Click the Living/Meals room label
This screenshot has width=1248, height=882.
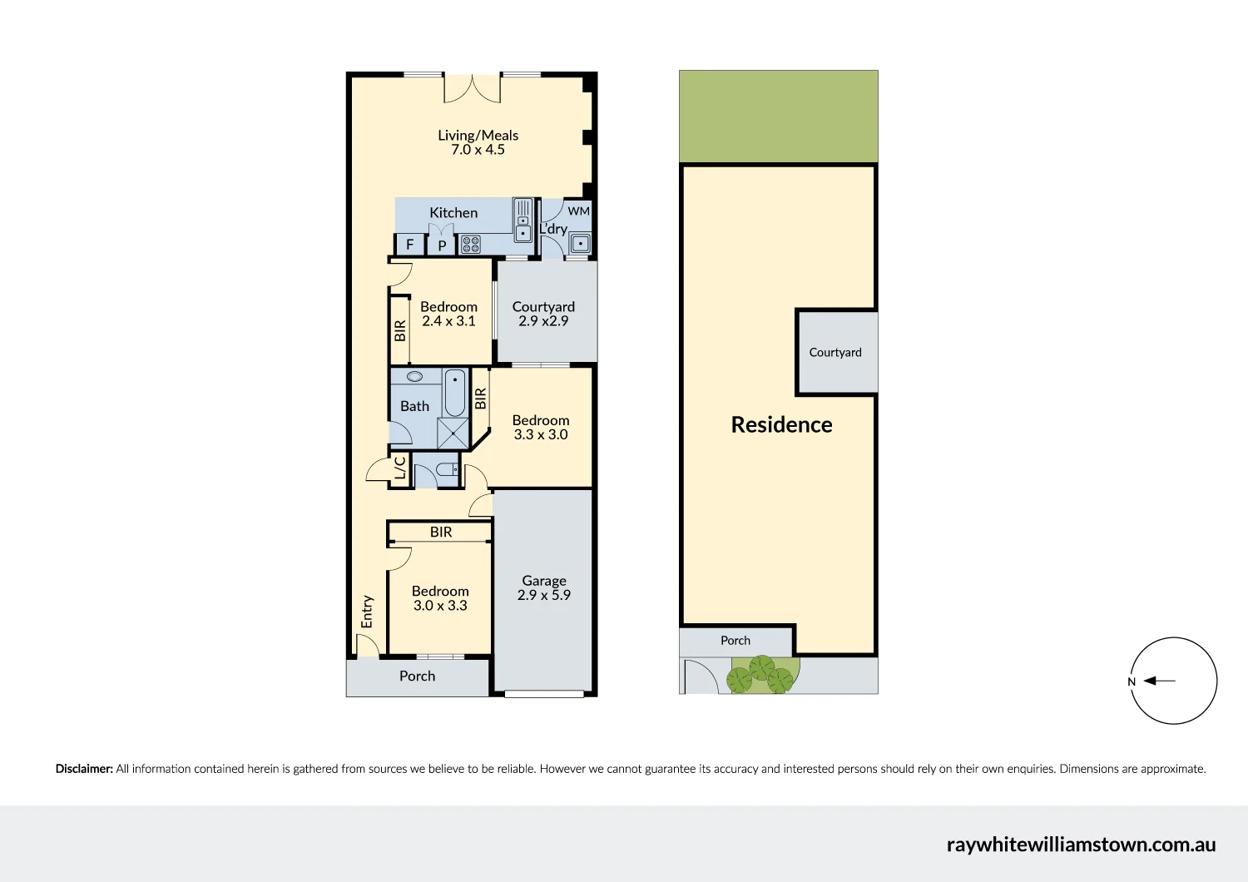[478, 135]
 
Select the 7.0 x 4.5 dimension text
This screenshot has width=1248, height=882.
[478, 150]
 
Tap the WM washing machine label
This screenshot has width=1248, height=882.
[578, 211]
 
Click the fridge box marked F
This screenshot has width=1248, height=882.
[409, 245]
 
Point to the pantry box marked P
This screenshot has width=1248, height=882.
[442, 245]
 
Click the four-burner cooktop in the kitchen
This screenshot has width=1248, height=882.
[471, 245]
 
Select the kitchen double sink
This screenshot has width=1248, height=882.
[523, 220]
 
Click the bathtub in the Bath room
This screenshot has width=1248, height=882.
[455, 393]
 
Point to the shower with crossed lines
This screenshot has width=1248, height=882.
[453, 434]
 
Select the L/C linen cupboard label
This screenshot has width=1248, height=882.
[400, 468]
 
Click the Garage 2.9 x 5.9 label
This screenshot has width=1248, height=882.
[543, 588]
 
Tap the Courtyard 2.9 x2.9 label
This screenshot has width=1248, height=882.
[543, 314]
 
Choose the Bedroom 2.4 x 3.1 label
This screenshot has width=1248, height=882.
[448, 314]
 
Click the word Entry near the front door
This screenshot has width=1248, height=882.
[367, 612]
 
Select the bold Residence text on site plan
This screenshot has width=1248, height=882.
[781, 425]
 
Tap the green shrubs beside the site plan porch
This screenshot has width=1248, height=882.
[761, 675]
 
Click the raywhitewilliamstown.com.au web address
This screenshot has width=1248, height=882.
[1081, 845]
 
